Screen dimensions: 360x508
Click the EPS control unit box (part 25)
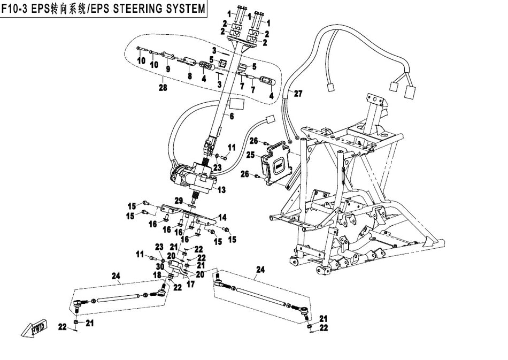point(277,164)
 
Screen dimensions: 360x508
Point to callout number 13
point(221,190)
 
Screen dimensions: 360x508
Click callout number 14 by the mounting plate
point(222,218)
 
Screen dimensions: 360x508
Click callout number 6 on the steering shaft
point(232,116)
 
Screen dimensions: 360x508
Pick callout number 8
point(189,76)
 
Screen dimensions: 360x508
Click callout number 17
point(190,285)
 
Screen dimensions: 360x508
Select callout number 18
point(158,274)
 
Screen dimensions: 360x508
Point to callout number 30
point(159,266)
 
